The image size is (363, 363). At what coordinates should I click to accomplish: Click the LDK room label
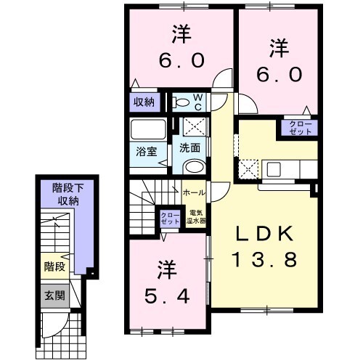(265, 234)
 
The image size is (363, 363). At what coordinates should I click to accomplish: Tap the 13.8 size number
(265, 259)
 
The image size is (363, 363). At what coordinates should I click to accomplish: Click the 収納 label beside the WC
(144, 102)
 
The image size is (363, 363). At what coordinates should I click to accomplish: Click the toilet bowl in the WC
(183, 102)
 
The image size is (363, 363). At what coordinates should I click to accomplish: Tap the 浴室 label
(147, 152)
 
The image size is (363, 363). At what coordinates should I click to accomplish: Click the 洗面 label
(190, 147)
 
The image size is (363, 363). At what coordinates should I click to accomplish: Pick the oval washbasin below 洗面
(194, 168)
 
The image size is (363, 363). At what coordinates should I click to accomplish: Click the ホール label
(193, 193)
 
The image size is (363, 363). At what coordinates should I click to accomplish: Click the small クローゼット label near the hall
(168, 216)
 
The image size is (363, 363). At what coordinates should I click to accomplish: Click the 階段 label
(54, 266)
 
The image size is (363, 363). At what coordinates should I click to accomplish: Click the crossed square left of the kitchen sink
(248, 171)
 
